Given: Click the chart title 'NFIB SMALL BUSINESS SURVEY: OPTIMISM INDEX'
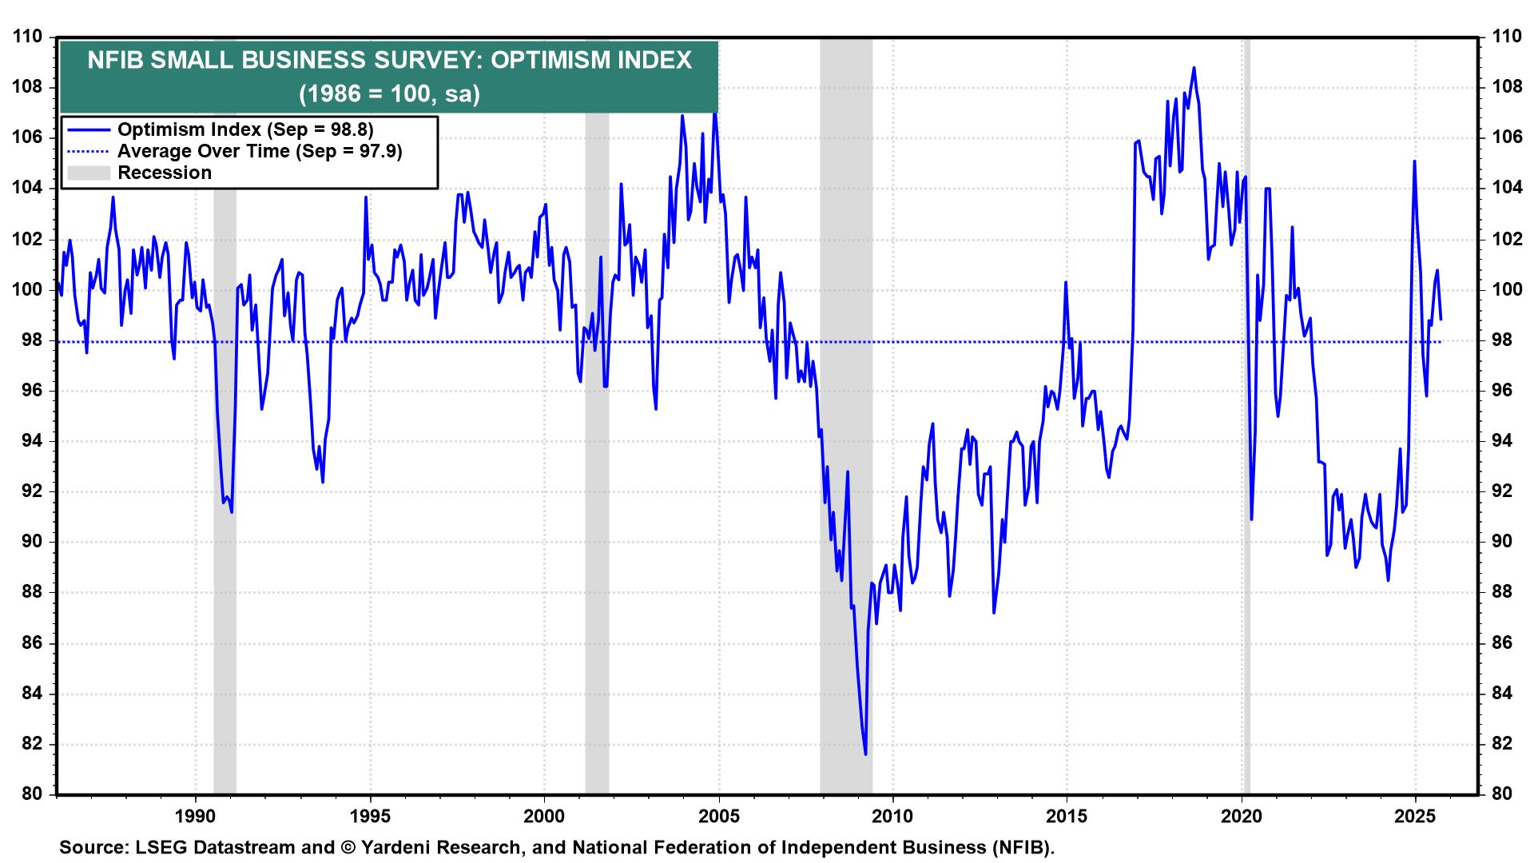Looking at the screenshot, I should coord(389,60).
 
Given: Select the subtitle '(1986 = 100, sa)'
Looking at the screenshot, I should coord(389,93).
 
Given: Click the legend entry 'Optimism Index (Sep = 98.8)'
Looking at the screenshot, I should coord(245,129).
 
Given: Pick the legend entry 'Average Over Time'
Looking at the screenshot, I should coord(260,151).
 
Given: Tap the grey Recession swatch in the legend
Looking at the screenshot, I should coord(88,173).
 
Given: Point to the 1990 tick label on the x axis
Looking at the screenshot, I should coord(195,816).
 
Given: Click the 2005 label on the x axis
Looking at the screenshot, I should coord(718,816).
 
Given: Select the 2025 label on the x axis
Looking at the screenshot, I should coord(1415,816).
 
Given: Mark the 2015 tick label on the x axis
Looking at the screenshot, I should coord(1067,816).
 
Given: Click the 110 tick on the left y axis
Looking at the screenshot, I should coord(27,37).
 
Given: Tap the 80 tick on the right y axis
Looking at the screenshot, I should coord(1502,793).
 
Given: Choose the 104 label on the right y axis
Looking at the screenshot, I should coord(1506,188).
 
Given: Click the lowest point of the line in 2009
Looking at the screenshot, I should coord(865,754).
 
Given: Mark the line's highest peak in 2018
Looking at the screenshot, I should coord(1194,68).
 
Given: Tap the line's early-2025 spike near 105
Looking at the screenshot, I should coord(1414,161).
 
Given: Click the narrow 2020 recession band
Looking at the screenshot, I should coord(1246,400).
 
